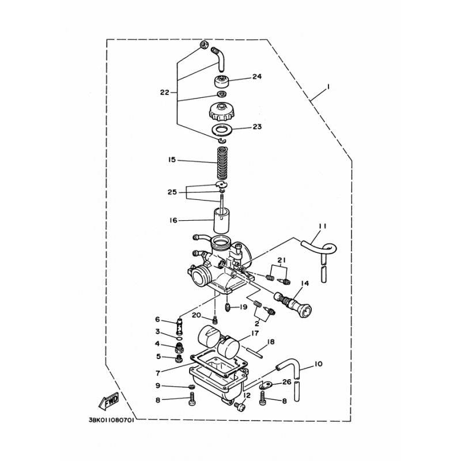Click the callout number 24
click(256, 76)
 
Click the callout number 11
click(322, 226)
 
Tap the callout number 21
click(281, 261)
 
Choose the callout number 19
click(243, 307)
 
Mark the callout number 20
click(196, 315)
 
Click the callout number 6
click(157, 319)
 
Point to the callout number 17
click(254, 332)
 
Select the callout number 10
click(319, 365)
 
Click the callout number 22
click(165, 92)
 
